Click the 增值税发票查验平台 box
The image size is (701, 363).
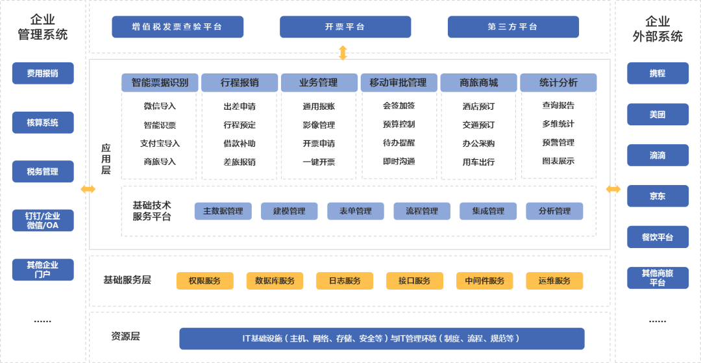pyautogui.click(x=177, y=27)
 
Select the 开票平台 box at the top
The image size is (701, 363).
pyautogui.click(x=345, y=27)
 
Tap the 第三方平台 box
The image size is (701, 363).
pyautogui.click(x=513, y=27)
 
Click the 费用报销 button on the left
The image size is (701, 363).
pyautogui.click(x=43, y=73)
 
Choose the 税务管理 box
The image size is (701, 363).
pyautogui.click(x=43, y=171)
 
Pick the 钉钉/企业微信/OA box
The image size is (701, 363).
pyautogui.click(x=43, y=221)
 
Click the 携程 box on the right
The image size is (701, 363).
pyautogui.click(x=658, y=73)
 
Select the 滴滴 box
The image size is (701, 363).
pyautogui.click(x=658, y=155)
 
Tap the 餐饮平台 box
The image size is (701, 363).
pyautogui.click(x=658, y=237)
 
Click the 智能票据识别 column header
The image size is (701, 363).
pyautogui.click(x=160, y=82)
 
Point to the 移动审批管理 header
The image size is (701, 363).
pyautogui.click(x=398, y=82)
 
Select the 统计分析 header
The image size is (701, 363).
pyautogui.click(x=558, y=82)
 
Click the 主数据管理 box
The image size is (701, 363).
pyautogui.click(x=223, y=211)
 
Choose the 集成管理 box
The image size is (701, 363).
pyautogui.click(x=488, y=211)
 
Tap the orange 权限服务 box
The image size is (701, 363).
pyautogui.click(x=204, y=281)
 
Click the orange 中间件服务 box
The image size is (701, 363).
pyautogui.click(x=484, y=281)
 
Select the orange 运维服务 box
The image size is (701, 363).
pyautogui.click(x=554, y=281)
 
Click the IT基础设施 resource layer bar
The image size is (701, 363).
pyautogui.click(x=382, y=338)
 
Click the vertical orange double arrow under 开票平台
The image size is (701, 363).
pyautogui.click(x=343, y=53)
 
